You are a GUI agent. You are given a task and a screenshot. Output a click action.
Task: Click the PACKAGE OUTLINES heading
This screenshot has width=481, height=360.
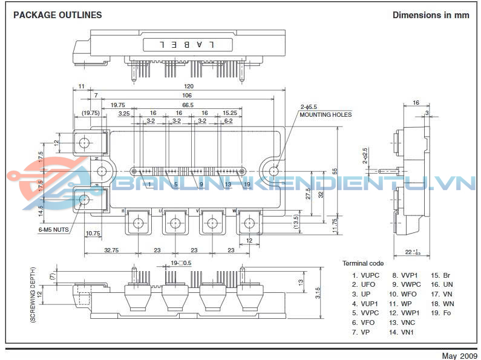(x=57, y=15)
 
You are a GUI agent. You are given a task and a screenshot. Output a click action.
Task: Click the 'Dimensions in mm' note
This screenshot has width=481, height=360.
(x=431, y=15)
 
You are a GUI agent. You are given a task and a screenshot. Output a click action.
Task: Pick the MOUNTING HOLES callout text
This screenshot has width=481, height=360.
(x=325, y=115)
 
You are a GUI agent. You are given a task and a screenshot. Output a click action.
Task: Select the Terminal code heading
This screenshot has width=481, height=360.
(x=363, y=263)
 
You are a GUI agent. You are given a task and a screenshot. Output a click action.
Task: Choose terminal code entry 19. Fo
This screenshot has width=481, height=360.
(x=442, y=313)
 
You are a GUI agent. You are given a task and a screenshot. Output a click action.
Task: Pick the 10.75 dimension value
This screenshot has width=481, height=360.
(x=93, y=233)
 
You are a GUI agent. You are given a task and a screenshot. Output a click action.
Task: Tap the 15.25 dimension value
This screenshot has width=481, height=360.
(x=230, y=113)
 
